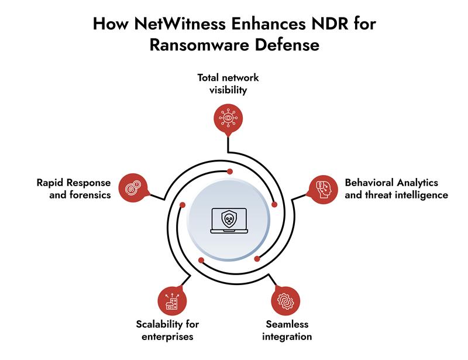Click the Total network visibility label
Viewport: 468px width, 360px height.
point(228,84)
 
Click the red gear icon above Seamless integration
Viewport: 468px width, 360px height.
point(285,301)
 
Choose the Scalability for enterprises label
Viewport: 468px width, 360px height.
point(168,330)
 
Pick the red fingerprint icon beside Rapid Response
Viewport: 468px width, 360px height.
point(132,187)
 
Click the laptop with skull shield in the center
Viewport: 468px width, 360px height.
point(229,222)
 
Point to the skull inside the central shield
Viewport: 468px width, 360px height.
point(229,220)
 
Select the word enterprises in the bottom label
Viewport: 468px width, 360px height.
point(168,337)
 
